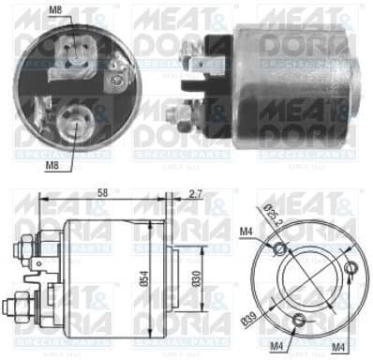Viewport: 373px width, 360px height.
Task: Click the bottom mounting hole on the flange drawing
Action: coord(299,322)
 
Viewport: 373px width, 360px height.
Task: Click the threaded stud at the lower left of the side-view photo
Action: coord(175,116)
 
